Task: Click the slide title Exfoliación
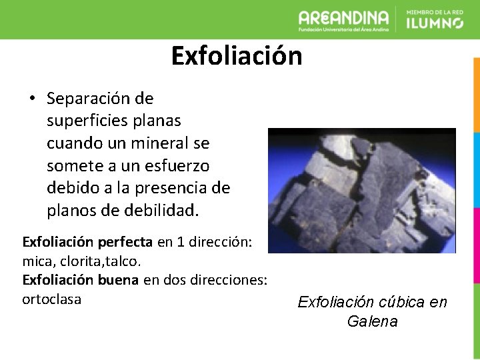[237, 56]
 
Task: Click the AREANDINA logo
[343, 19]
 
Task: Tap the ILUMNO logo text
[435, 23]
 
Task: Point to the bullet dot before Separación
[31, 99]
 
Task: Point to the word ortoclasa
[52, 299]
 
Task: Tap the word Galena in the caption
[372, 321]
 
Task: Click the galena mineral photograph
[361, 191]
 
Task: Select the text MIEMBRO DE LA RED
[435, 11]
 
